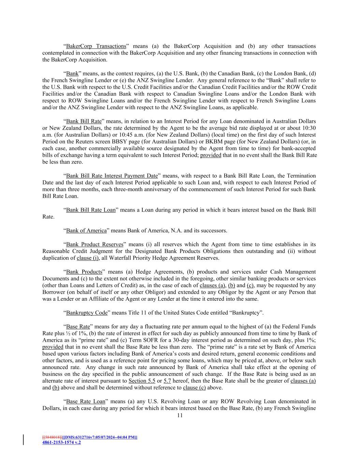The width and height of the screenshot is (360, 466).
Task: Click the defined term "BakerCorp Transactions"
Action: coord(96,46)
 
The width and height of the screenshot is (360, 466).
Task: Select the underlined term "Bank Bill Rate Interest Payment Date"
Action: coord(112,176)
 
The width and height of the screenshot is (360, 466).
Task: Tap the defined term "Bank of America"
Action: coord(86,230)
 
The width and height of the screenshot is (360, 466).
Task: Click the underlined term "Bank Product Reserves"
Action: coord(95,244)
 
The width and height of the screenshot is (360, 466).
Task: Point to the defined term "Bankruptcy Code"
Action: coord(86,313)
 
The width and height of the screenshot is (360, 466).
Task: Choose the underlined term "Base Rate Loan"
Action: coord(86,401)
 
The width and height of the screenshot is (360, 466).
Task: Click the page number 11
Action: coord(180,415)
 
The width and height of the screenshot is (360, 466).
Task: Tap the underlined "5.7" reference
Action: coord(167,381)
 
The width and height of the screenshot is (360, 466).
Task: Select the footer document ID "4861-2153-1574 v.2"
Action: coord(61,442)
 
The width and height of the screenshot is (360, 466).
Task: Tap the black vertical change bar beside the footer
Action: coord(23,440)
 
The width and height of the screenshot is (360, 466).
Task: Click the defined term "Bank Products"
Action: coord(84,272)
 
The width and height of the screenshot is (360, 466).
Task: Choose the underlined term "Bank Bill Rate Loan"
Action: coord(91,210)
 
